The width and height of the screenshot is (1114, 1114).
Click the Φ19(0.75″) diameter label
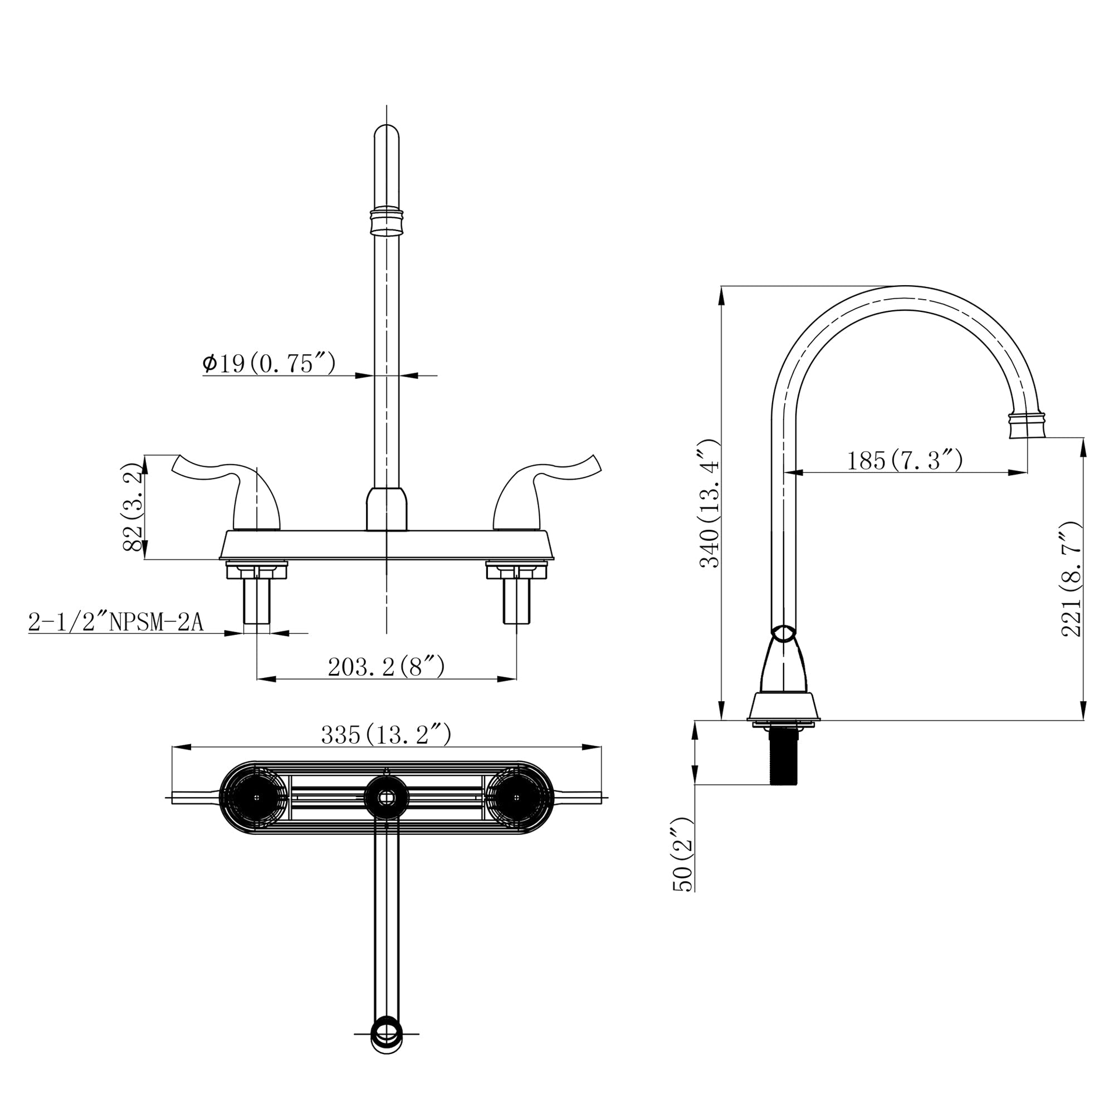(x=268, y=364)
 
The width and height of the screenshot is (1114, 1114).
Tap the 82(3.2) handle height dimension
(x=133, y=507)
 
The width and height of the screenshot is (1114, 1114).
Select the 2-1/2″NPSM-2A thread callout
(x=116, y=623)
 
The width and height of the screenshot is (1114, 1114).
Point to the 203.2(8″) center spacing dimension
(x=386, y=667)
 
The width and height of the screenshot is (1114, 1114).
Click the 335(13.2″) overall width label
(x=386, y=735)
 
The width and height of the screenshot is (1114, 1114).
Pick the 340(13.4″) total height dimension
(x=710, y=504)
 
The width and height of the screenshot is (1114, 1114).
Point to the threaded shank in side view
(x=784, y=755)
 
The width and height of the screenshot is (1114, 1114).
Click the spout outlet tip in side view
(x=1027, y=427)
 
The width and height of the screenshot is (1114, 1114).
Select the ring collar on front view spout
(x=387, y=221)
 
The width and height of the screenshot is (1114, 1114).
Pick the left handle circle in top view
(x=256, y=798)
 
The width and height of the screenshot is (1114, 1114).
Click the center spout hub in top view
(x=387, y=798)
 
